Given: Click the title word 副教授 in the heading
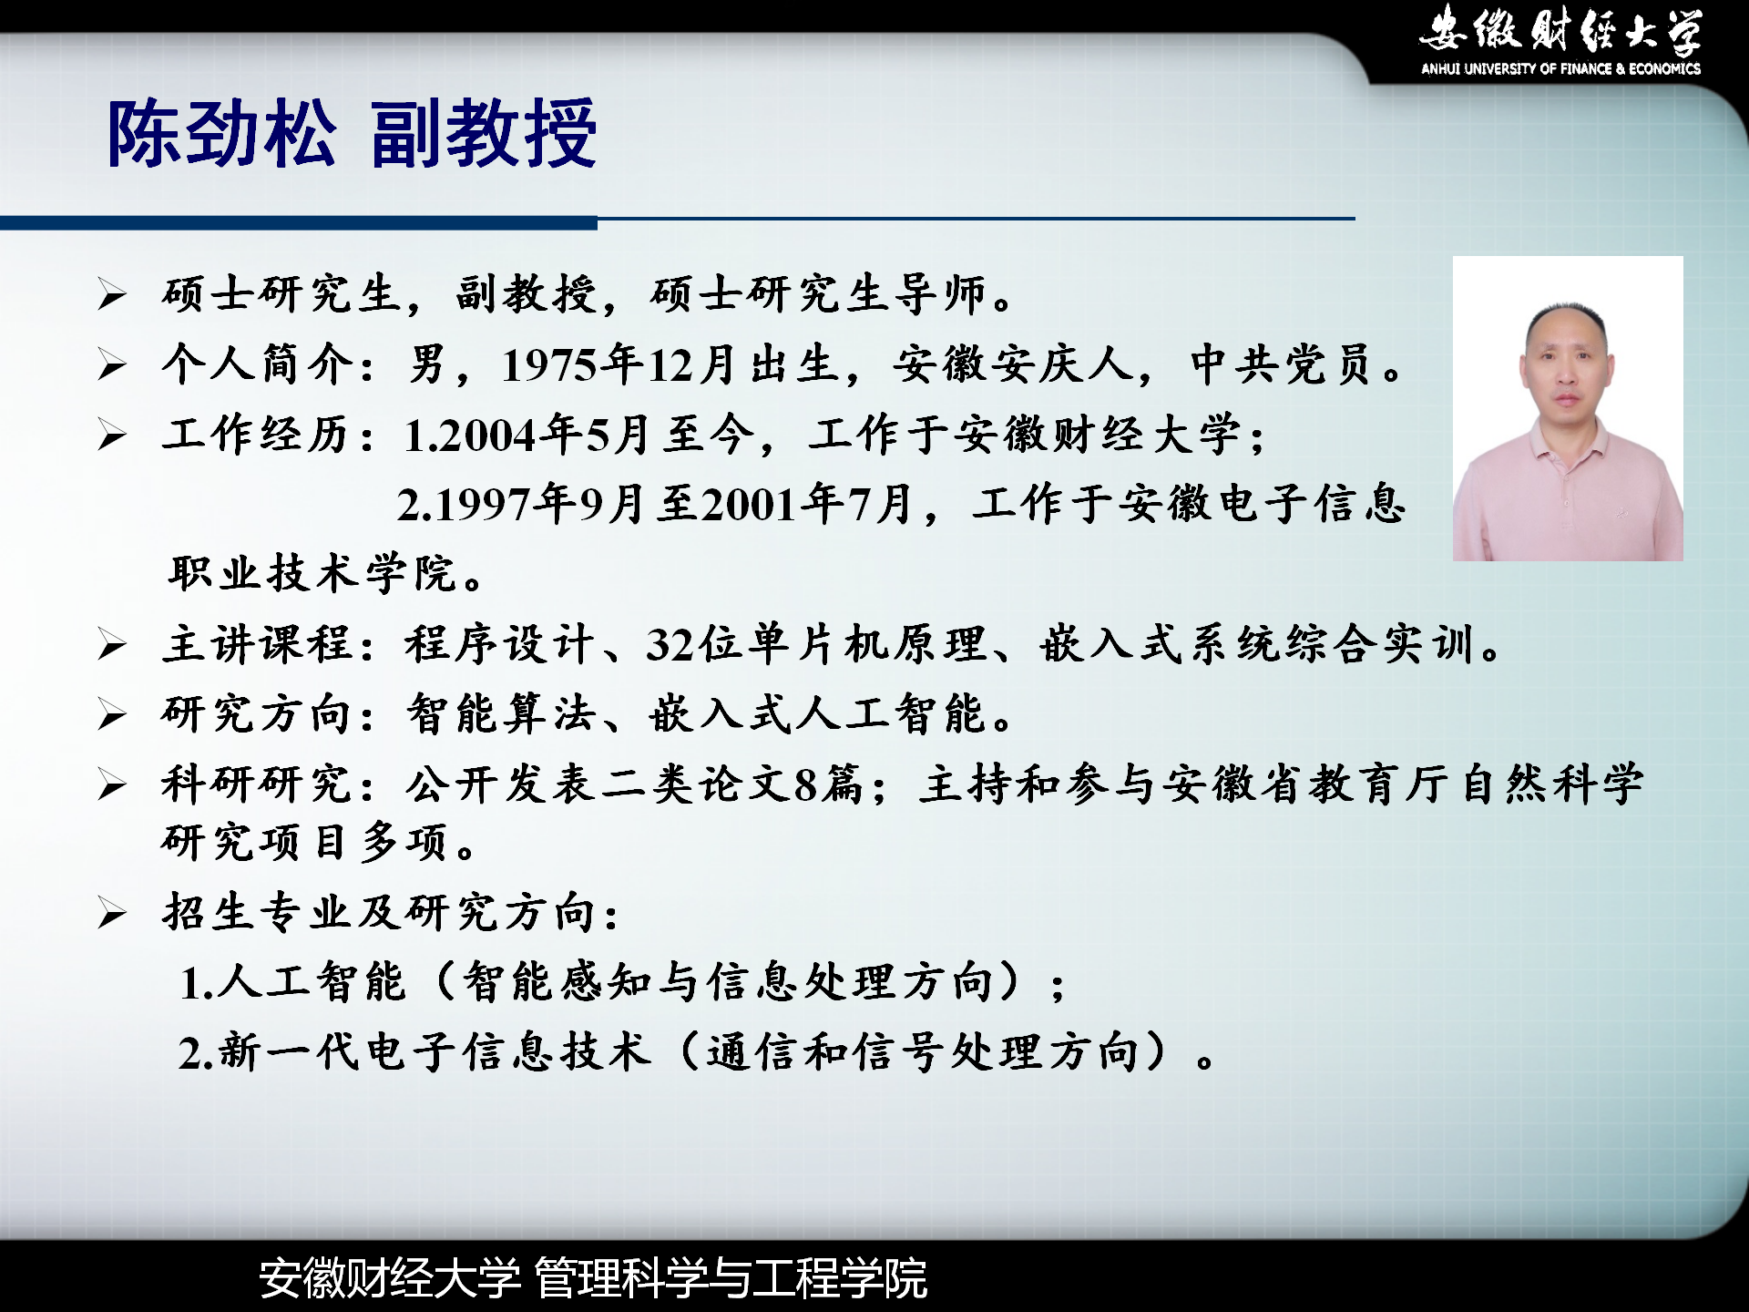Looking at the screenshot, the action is coord(484,134).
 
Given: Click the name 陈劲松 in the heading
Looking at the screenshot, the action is coord(222,134).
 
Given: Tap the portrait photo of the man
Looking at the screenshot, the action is coord(1568,408).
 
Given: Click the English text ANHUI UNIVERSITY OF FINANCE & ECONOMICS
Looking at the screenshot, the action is coord(1560,68).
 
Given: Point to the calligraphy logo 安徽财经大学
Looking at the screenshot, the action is coord(1560,30).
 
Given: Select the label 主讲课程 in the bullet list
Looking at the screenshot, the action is coord(258,644).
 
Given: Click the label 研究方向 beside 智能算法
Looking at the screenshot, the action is coord(258,713).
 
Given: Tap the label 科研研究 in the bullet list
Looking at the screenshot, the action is coord(258,784).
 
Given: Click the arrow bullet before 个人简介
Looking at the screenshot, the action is coord(112,365).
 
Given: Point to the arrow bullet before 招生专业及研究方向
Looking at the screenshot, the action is coord(112,913).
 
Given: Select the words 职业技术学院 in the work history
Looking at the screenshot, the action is coord(312,574).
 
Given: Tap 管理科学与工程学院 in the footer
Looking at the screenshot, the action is coord(731,1277).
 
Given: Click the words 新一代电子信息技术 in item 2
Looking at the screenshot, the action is coord(435,1052).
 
